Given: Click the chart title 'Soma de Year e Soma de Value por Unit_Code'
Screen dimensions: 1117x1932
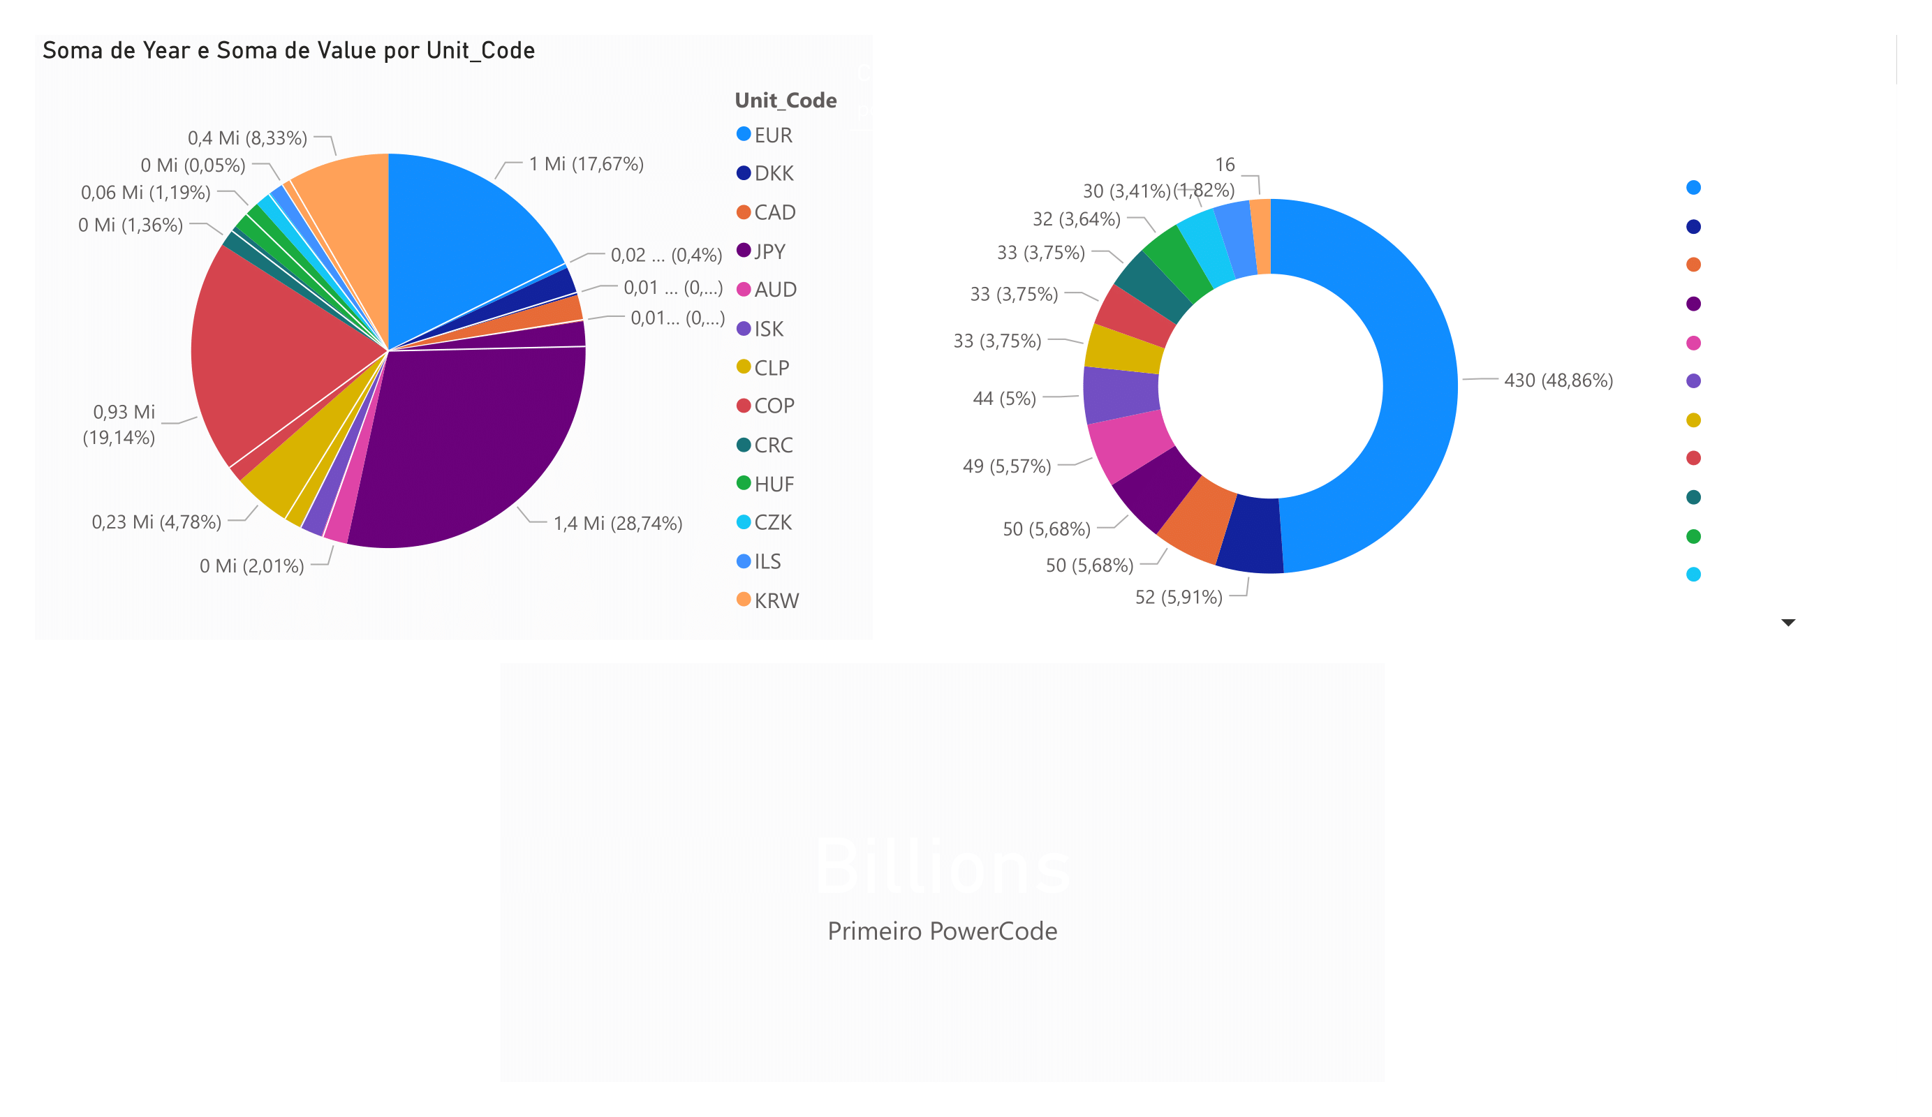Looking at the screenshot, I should click(288, 50).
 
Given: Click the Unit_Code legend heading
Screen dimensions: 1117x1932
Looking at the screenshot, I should click(785, 101).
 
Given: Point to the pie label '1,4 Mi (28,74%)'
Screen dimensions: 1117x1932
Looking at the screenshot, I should click(617, 524).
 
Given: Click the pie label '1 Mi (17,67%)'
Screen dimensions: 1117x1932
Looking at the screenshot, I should click(586, 164).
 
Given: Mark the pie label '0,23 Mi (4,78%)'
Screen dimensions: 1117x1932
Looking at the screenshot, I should click(156, 522).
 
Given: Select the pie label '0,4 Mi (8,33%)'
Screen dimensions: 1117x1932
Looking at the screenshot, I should click(247, 138).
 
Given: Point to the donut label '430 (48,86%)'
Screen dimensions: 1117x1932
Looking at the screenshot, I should click(1558, 380).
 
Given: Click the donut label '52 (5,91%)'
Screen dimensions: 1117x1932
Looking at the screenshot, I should click(1179, 597).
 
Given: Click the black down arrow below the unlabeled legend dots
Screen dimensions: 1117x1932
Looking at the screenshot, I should click(1788, 623).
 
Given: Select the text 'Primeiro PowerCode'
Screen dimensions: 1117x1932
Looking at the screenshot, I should click(942, 931).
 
